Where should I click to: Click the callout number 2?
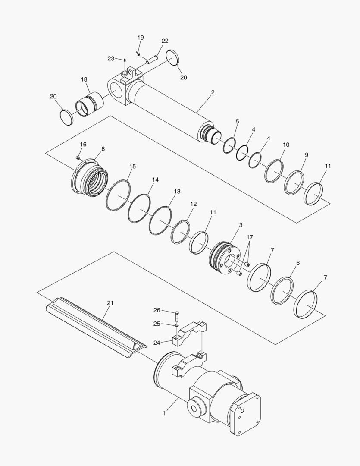(x=213, y=92)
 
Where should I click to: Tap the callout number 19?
(x=141, y=38)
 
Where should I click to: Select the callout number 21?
(x=110, y=303)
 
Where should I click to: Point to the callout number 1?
(x=164, y=413)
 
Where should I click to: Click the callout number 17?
(x=250, y=238)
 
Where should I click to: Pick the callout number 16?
(x=83, y=144)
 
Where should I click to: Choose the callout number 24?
(x=157, y=343)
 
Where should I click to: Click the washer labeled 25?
(x=177, y=325)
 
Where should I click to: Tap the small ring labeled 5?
(x=229, y=145)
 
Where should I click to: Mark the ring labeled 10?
(x=274, y=171)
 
